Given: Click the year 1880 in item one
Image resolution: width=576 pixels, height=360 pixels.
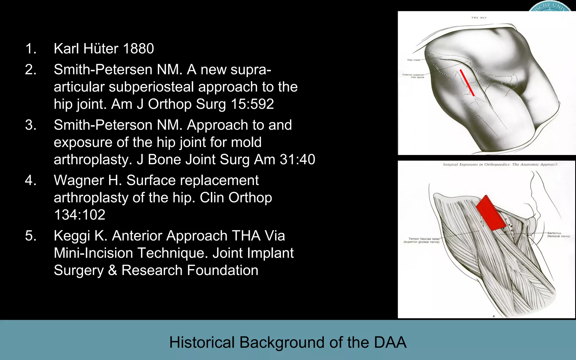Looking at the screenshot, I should point(138,48).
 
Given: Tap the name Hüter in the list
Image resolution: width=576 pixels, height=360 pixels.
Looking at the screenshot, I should point(101,48).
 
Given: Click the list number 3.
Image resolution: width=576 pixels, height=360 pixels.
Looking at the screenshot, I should point(31,125).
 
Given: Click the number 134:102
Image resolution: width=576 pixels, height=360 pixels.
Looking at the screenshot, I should point(80,215).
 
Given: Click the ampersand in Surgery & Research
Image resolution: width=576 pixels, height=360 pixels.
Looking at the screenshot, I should point(112,270).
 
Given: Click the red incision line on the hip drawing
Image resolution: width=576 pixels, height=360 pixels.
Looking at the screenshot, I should point(467,83).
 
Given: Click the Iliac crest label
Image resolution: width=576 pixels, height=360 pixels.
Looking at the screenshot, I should point(413,60).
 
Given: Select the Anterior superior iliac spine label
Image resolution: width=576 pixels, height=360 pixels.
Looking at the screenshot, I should point(413,76).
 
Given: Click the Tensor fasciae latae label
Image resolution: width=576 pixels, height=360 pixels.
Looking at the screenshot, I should point(421,240).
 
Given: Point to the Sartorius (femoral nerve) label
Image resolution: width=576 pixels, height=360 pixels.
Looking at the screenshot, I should point(558,235).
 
